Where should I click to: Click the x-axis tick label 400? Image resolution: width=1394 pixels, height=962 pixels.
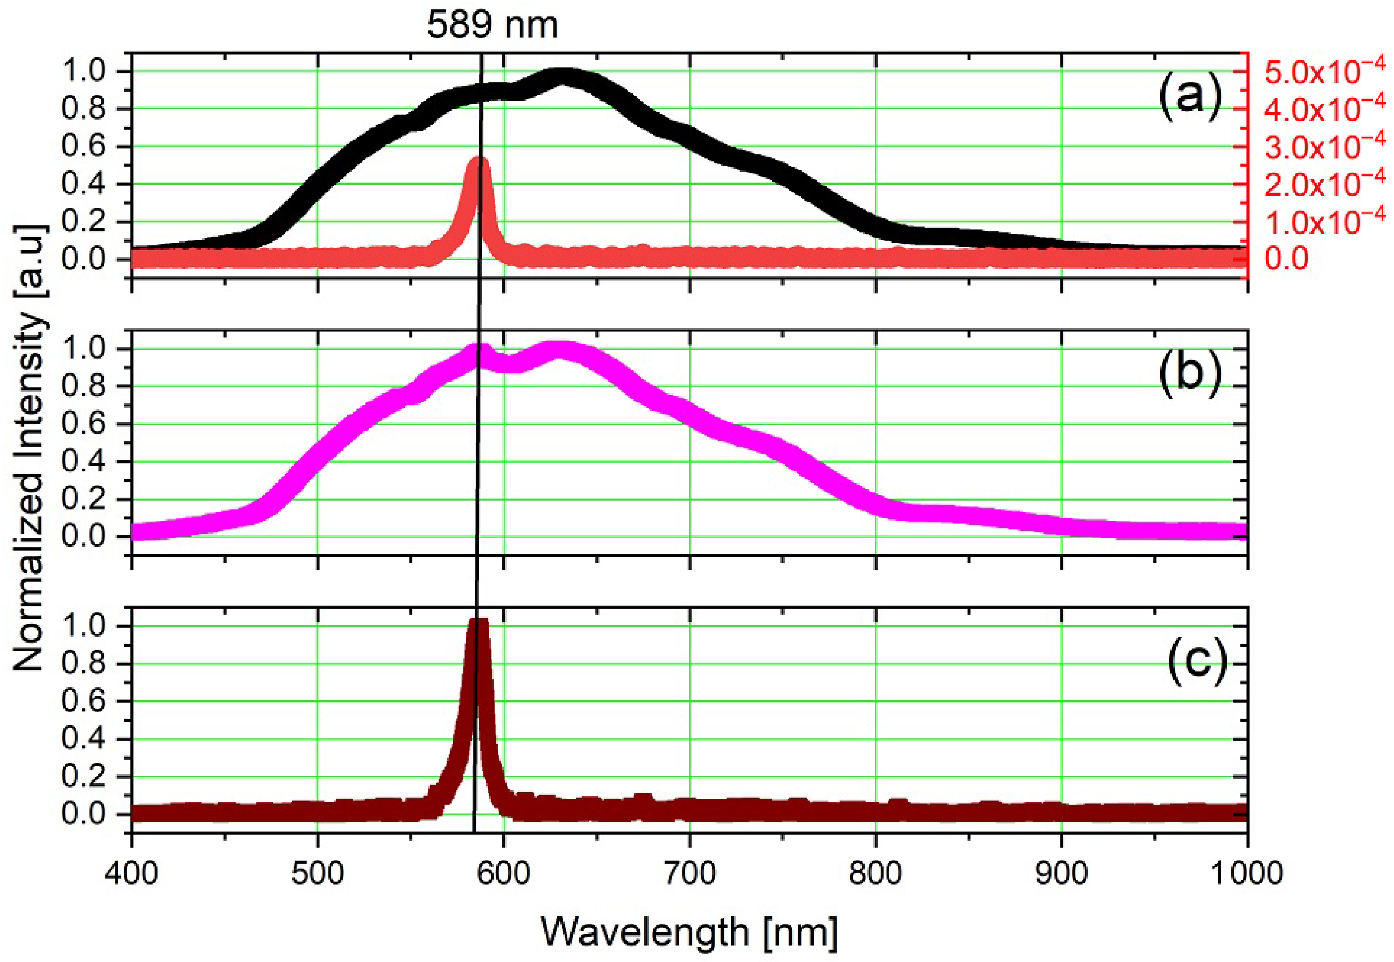tap(132, 872)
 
